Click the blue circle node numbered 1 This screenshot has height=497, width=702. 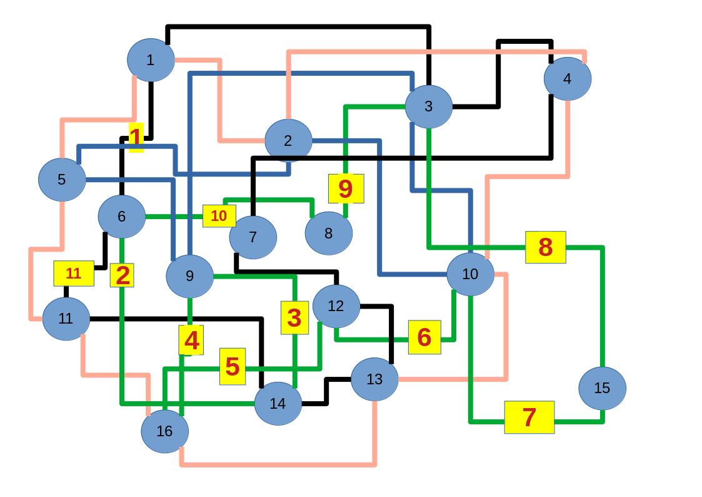150,60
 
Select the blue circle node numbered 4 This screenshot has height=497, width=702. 567,79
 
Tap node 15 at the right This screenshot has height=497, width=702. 601,388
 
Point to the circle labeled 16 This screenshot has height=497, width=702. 164,431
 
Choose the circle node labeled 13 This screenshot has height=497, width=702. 374,379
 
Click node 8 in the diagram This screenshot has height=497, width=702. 328,233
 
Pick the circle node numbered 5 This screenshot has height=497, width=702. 61,180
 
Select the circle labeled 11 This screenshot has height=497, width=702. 66,319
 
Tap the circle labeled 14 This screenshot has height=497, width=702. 278,404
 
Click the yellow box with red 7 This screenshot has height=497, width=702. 529,417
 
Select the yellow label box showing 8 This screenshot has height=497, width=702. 545,247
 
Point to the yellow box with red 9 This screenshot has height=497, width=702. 346,188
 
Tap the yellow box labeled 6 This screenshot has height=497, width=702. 424,337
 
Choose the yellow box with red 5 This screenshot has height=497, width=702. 232,366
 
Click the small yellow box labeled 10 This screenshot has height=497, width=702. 219,216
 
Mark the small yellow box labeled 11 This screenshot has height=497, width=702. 74,274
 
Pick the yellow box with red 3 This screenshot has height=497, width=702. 294,317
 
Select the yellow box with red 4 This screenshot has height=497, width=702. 191,340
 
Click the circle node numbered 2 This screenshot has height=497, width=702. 288,141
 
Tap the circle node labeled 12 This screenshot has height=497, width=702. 336,306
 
